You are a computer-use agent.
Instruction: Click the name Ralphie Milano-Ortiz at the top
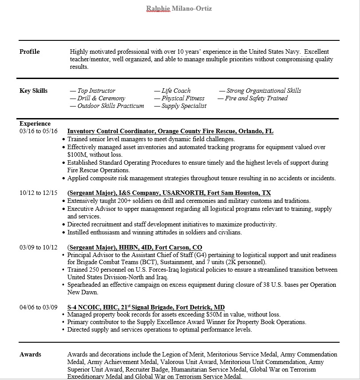tap(179, 8)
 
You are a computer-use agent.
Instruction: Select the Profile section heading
tap(29, 52)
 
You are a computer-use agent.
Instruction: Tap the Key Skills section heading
tap(33, 91)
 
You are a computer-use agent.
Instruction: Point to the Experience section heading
tap(35, 124)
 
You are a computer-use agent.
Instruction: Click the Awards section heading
tap(30, 355)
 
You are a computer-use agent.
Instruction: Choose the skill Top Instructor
tap(96, 91)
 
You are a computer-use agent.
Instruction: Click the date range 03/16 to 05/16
tap(39, 131)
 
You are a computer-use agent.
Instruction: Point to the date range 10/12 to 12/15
tap(39, 193)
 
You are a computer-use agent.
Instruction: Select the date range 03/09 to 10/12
tap(39, 247)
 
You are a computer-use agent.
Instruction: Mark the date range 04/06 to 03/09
tap(39, 307)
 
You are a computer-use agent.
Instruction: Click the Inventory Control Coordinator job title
tap(170, 131)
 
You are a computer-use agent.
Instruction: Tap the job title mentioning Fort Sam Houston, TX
tap(169, 193)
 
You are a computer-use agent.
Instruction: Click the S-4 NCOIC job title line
tap(146, 307)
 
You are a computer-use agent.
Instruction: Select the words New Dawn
tap(82, 293)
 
